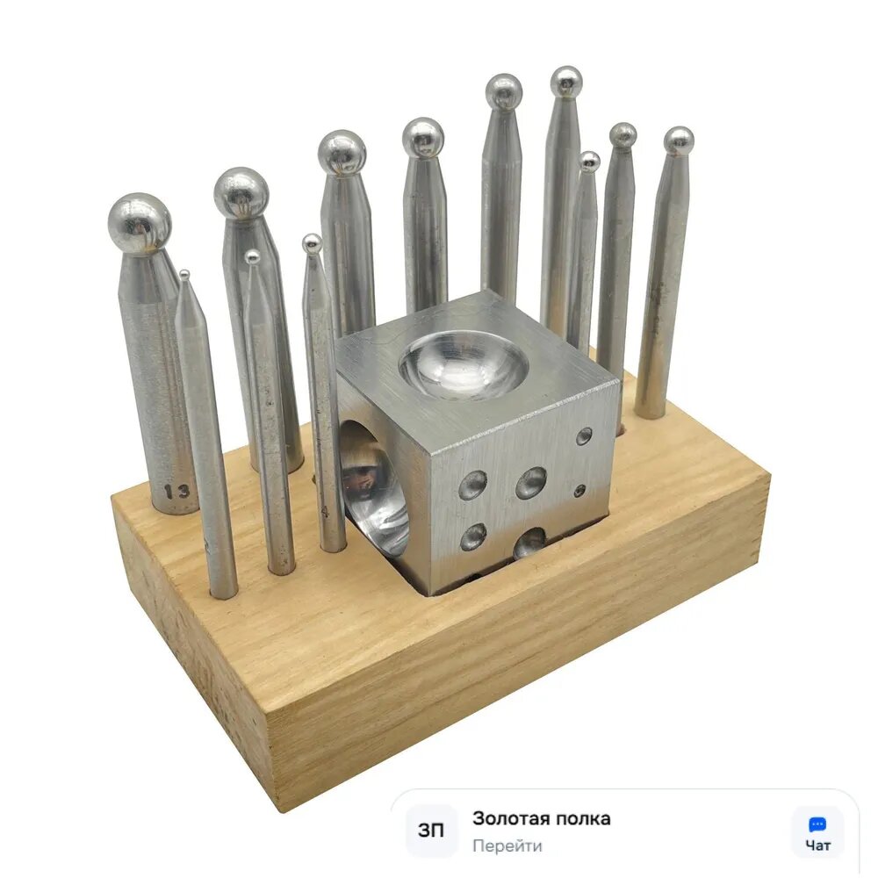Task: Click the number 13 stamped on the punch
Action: coord(177,492)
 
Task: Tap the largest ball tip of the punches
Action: coord(140,223)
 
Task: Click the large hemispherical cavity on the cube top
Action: coord(464,364)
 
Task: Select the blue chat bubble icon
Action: coord(817,824)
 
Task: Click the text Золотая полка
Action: coord(541,818)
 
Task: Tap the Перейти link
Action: coord(507,845)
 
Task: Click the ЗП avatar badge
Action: coord(431,831)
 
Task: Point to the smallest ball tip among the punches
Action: coord(184,274)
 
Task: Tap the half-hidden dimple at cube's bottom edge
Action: coord(529,542)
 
